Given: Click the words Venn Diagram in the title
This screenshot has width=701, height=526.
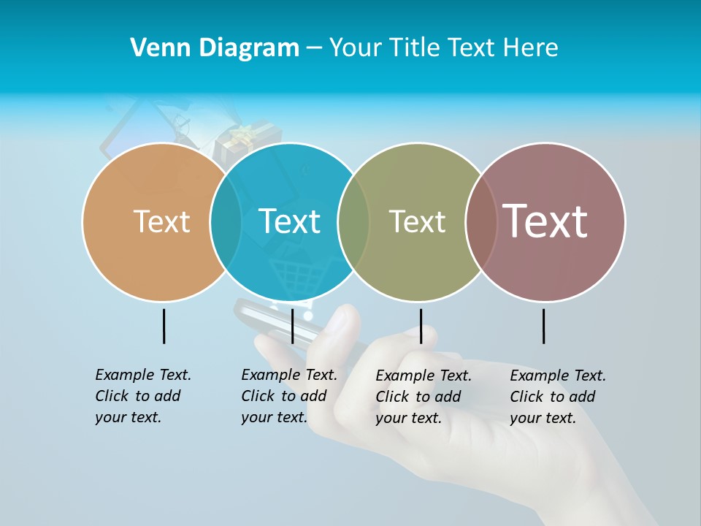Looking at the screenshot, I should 215,48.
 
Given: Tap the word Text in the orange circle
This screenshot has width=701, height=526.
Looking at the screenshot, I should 161,221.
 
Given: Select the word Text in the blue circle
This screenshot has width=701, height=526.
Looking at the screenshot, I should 289,221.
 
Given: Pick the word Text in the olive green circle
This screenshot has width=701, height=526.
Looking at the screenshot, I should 417,221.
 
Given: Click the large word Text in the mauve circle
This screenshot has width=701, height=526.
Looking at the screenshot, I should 545,221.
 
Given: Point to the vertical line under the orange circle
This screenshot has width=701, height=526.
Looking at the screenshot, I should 164,326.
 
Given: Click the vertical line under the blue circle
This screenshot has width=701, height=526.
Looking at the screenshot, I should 292,326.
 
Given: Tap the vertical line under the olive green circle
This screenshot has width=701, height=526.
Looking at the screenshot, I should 421,326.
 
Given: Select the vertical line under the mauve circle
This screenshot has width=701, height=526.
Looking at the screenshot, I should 543,326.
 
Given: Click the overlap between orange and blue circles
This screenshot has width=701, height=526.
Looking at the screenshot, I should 226,221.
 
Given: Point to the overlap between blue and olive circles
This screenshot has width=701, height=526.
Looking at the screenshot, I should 353,221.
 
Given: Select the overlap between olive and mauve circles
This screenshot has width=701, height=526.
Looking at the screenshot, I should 480,221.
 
